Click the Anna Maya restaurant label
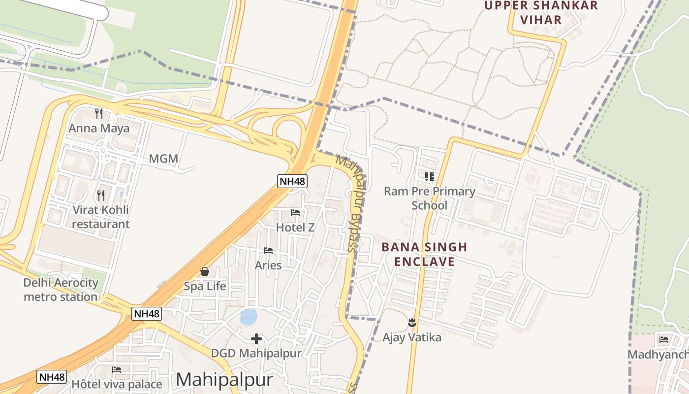(99, 129)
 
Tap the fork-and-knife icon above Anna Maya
(99, 114)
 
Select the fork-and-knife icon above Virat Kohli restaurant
(101, 196)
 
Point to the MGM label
(163, 159)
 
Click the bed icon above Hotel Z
(295, 213)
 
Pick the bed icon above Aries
(268, 251)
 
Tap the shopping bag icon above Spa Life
(205, 271)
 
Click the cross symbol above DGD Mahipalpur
(256, 339)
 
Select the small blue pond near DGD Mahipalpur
(249, 317)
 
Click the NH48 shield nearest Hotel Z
(292, 181)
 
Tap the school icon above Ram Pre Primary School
(430, 176)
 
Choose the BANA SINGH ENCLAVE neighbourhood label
(424, 254)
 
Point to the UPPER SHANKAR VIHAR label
(541, 13)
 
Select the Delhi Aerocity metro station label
(61, 290)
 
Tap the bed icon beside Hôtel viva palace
(117, 369)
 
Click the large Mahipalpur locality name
(224, 380)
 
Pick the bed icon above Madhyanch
(664, 339)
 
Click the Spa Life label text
(205, 286)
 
